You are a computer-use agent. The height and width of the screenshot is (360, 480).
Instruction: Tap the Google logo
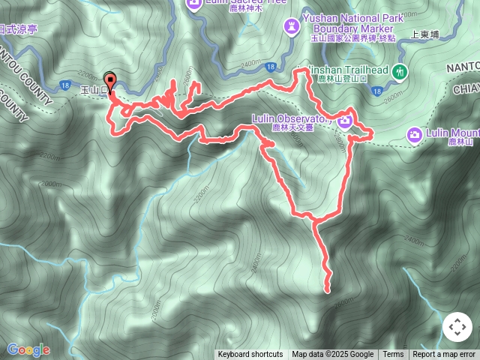click(x=28, y=349)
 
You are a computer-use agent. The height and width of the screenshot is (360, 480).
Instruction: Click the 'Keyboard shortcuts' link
click(x=250, y=355)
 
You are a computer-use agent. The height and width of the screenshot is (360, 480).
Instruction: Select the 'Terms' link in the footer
click(x=393, y=355)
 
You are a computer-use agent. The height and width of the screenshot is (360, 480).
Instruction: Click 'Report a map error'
click(x=444, y=355)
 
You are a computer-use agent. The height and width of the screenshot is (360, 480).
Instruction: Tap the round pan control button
click(x=457, y=328)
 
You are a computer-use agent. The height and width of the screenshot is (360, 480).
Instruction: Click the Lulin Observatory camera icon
click(x=344, y=118)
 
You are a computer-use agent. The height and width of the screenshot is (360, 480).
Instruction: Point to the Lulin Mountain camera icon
click(x=414, y=134)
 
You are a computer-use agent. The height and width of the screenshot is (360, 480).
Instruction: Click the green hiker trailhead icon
click(x=400, y=72)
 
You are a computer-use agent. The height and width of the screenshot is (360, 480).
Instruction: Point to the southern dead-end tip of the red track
click(x=328, y=289)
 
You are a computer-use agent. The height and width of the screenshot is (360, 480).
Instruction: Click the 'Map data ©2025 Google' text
click(x=332, y=355)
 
